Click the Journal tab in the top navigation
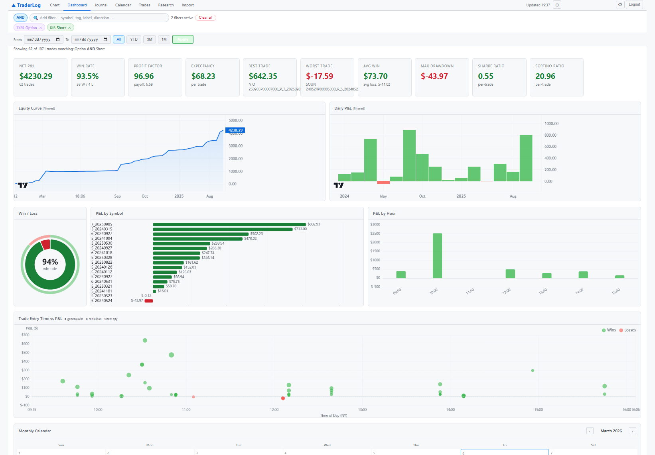[101, 5]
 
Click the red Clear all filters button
[205, 18]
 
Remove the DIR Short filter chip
[69, 28]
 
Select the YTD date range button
[134, 39]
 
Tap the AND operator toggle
[20, 18]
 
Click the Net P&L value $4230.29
[36, 76]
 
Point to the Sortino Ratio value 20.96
[545, 76]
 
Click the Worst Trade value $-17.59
[320, 76]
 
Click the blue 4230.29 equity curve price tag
[235, 130]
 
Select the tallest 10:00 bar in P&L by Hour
[437, 255]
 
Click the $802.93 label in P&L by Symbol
[314, 224]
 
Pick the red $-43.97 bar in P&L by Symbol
[149, 301]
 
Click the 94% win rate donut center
[50, 264]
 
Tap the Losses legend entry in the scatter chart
[627, 330]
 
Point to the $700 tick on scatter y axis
[26, 335]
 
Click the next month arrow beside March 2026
[632, 431]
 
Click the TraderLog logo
[26, 5]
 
